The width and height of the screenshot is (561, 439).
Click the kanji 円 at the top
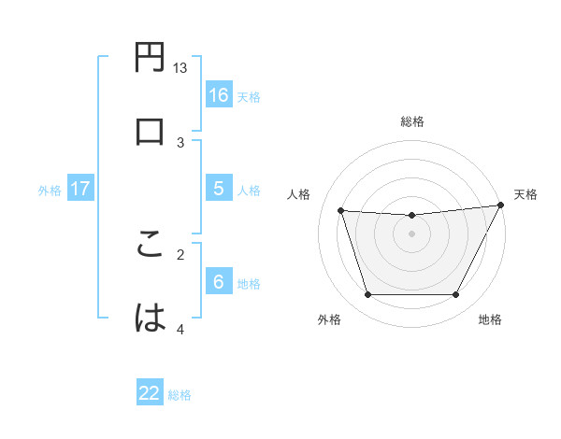[151, 58]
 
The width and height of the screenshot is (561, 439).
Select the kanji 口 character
[151, 131]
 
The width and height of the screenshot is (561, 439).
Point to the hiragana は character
[151, 318]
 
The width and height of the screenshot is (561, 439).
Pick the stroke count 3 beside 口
[180, 142]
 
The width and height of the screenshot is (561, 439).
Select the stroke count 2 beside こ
[180, 252]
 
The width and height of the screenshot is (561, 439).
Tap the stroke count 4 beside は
[180, 329]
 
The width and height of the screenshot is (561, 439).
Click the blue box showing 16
[218, 94]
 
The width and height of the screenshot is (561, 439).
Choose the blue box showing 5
[218, 189]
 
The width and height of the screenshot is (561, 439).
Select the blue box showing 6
[218, 282]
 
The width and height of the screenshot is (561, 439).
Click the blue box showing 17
[79, 189]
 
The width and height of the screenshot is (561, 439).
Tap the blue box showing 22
[150, 393]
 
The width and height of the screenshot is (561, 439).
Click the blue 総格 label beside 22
[180, 395]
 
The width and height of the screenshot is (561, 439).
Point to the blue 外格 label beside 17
[50, 191]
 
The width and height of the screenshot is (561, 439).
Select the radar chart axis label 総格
[412, 121]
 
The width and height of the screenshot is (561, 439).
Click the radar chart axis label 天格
[525, 194]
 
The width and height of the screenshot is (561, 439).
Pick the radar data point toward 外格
[367, 295]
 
